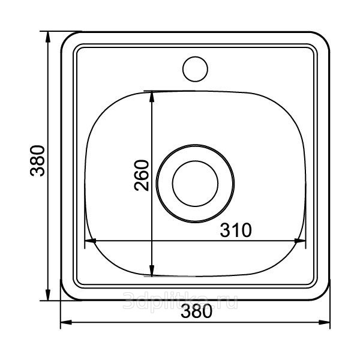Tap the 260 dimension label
click(x=142, y=175)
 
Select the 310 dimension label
click(x=236, y=230)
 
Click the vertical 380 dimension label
click(x=37, y=161)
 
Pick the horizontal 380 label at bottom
click(x=196, y=311)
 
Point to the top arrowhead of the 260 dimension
click(x=152, y=97)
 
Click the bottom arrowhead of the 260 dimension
click(x=152, y=271)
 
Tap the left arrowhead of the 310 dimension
click(x=91, y=241)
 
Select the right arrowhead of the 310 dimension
click(x=300, y=241)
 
